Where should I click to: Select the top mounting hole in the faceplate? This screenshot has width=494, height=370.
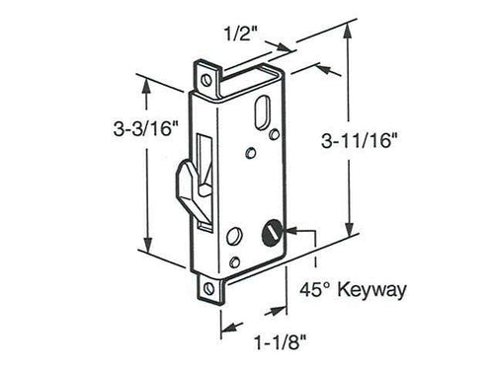[206, 74]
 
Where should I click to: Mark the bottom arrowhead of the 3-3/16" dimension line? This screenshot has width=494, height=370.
[149, 250]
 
